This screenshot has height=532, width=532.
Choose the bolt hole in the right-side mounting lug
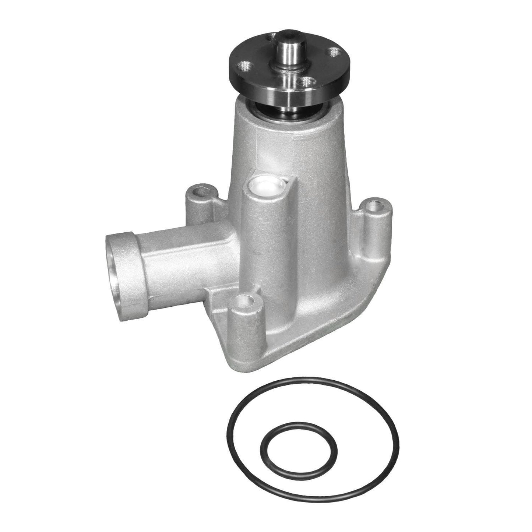[375, 205]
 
